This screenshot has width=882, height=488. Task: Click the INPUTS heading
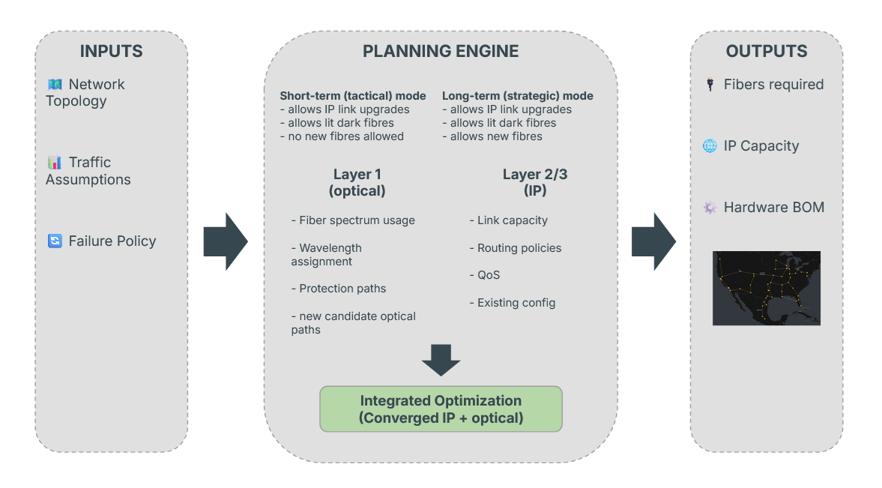pos(111,52)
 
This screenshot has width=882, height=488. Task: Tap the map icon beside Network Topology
pos(55,85)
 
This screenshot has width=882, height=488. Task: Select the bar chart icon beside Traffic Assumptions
pos(55,163)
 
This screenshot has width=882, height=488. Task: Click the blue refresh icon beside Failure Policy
pos(55,241)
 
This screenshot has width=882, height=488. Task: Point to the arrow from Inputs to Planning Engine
pos(225,241)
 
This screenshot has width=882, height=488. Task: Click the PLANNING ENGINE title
pos(441,52)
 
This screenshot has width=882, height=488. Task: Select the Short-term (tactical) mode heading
pos(353,96)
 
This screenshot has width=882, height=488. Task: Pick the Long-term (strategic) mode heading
pos(518,96)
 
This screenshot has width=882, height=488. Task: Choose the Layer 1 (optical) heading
pos(357,183)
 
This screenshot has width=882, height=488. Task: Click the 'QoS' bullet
pos(489,275)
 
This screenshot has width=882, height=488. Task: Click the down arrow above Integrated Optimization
pos(441,360)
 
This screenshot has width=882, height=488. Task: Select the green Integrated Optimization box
pos(441,409)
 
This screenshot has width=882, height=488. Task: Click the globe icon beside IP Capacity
pos(710,146)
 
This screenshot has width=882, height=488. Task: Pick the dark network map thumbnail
pos(766,288)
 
